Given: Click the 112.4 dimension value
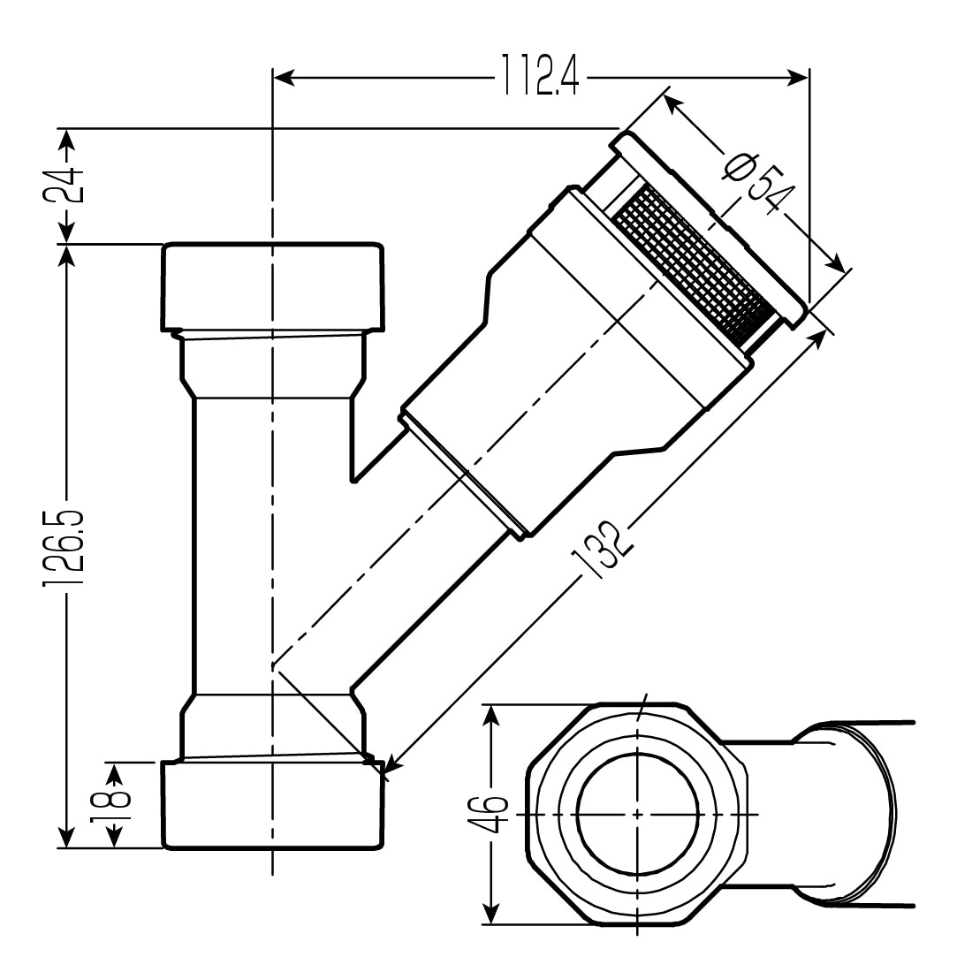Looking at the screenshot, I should tap(540, 76).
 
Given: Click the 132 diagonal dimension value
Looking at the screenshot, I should tap(604, 551).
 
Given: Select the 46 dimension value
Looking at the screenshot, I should tap(495, 814).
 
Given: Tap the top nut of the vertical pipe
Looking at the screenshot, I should tap(272, 285).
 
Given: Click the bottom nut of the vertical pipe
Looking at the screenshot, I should tap(272, 804).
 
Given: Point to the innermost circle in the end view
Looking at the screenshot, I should tap(638, 813).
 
